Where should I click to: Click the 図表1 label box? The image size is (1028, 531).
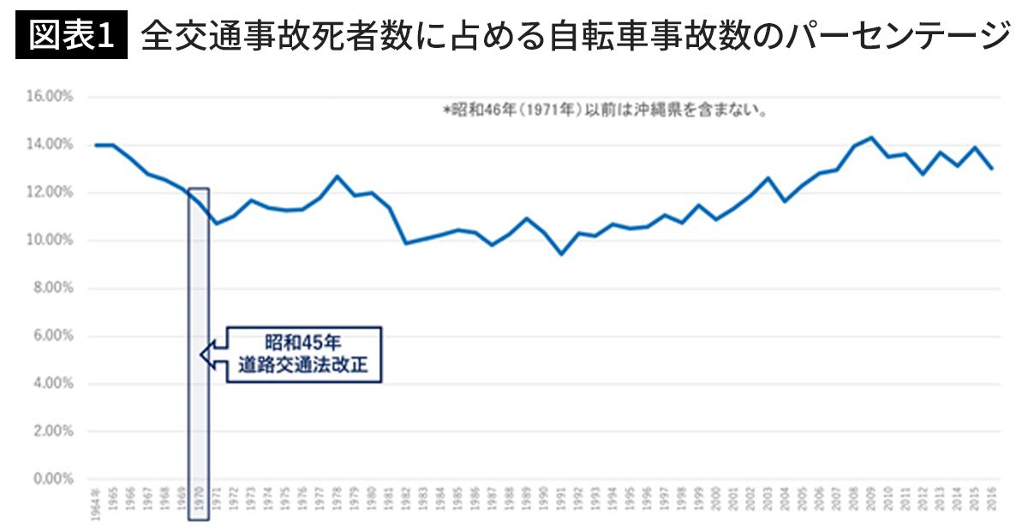pos(71,36)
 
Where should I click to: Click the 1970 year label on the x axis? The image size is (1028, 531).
pos(199,504)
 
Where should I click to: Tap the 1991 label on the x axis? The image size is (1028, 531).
pos(561,504)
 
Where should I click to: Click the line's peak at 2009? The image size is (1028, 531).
pos(871,137)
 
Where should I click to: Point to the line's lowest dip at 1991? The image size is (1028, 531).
pos(561,254)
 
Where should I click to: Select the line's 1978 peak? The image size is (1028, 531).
pos(337,176)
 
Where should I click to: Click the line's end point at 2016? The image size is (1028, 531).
pos(992,169)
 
